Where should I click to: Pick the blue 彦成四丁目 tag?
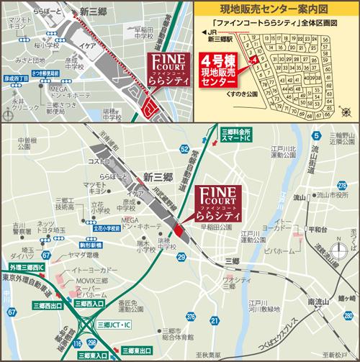(16, 77)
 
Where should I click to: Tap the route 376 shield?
(189, 316)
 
